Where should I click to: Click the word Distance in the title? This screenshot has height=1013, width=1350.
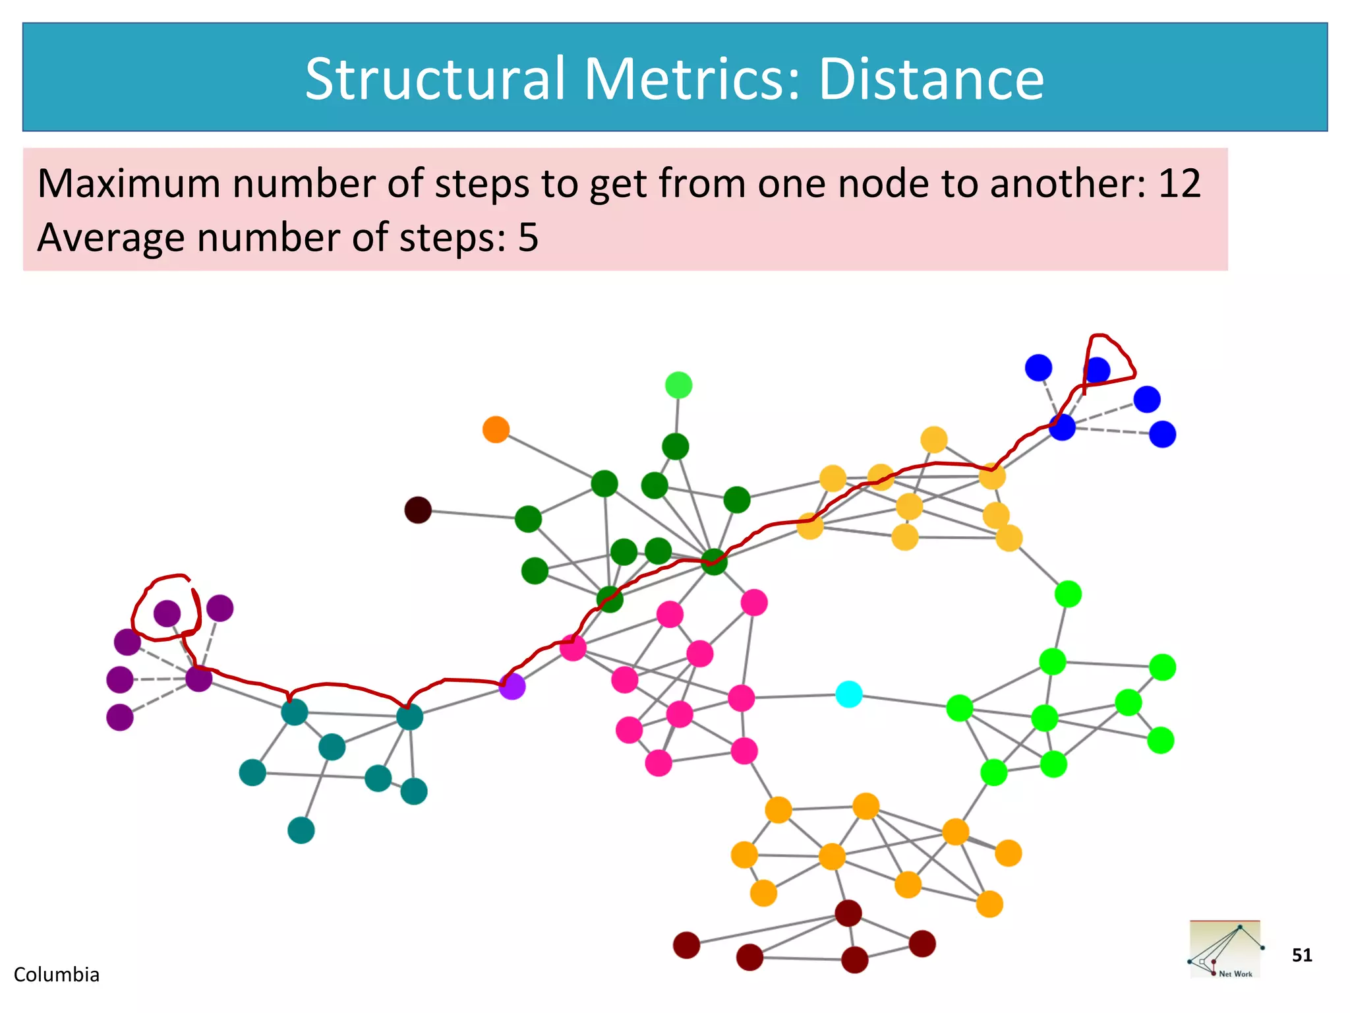tap(931, 78)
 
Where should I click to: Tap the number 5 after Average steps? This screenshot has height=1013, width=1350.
tap(528, 237)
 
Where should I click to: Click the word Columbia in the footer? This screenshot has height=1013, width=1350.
tap(57, 975)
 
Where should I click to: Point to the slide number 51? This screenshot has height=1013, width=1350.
tap(1302, 955)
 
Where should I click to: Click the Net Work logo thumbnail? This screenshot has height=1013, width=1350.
tap(1225, 950)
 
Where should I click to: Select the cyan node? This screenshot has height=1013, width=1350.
tap(849, 694)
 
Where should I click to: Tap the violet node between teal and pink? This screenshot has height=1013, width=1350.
tap(512, 686)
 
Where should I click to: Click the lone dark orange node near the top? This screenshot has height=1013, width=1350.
tap(496, 429)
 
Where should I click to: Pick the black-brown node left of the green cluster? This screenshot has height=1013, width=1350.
tap(418, 510)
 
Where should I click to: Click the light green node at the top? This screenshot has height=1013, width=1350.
tap(678, 385)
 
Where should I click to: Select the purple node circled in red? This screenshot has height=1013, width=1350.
tap(167, 613)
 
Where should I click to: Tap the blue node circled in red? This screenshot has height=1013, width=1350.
tap(1097, 371)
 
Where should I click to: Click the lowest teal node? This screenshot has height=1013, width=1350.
tap(301, 830)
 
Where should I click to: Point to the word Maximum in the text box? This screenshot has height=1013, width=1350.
tap(129, 183)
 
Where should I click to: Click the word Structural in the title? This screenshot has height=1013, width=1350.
tap(435, 78)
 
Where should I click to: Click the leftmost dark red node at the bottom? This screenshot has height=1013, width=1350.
tap(686, 945)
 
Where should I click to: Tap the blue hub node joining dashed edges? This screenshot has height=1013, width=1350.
tap(1062, 427)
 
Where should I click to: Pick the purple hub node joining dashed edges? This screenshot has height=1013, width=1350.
tap(198, 678)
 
